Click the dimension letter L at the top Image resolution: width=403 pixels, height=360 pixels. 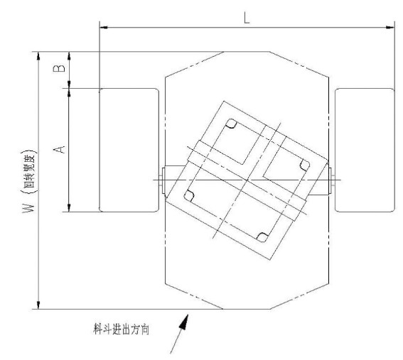[x=247, y=18]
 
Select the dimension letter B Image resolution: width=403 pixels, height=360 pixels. [x=59, y=68]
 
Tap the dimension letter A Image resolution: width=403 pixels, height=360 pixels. [x=59, y=149]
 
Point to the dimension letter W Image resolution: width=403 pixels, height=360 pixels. [x=28, y=207]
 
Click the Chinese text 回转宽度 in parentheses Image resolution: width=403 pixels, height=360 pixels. [x=28, y=170]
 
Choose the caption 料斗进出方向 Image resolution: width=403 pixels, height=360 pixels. [x=121, y=329]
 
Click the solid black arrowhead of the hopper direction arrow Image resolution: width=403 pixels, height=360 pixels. [x=184, y=322]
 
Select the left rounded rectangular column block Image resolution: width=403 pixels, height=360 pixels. [x=129, y=150]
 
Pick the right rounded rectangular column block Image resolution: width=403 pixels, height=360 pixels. [x=365, y=150]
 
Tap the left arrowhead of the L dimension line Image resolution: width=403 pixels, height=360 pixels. [x=104, y=27]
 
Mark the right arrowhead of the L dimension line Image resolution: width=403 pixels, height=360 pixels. [x=390, y=27]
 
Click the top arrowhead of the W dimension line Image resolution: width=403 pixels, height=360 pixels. [x=38, y=56]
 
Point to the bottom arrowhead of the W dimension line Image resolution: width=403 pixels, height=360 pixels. [x=38, y=305]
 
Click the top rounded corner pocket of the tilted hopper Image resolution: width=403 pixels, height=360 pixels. [x=231, y=124]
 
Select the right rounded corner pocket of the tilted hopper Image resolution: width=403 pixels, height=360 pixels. [x=305, y=165]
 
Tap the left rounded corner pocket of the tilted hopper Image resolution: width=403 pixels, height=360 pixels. [x=189, y=196]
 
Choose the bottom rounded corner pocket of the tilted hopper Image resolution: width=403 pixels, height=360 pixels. [x=262, y=237]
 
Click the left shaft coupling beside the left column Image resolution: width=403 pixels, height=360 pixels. [x=162, y=180]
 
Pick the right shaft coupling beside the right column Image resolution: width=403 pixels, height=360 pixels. [x=331, y=180]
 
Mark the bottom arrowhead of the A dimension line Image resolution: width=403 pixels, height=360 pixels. [x=69, y=207]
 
